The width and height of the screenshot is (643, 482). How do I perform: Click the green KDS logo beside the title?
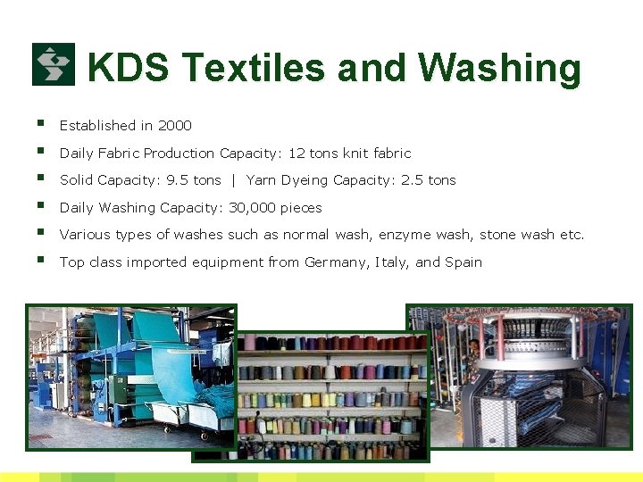(54, 64)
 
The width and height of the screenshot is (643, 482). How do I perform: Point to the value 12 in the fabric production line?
(296, 154)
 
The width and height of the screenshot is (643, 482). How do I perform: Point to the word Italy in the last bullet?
(394, 262)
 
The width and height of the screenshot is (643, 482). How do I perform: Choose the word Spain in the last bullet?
(463, 262)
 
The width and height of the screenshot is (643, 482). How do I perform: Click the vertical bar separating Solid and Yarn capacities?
(233, 180)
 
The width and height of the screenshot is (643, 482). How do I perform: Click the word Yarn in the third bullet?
(261, 180)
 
